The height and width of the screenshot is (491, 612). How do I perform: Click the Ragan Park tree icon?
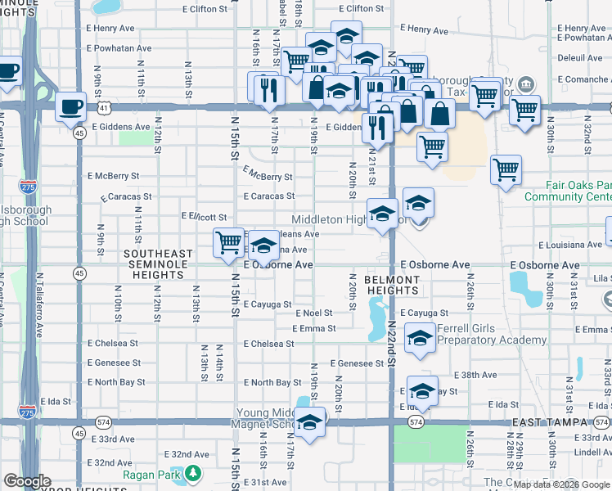(x=193, y=473)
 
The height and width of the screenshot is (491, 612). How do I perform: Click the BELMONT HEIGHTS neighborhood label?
(x=392, y=286)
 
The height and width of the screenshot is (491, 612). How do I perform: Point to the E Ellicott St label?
(x=203, y=217)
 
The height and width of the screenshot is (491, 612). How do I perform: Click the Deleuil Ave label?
(x=579, y=58)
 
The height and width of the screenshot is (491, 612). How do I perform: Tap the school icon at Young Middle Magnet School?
(x=309, y=423)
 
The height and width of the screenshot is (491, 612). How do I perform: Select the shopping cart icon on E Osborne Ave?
(x=229, y=242)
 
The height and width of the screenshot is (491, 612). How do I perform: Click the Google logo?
(x=28, y=481)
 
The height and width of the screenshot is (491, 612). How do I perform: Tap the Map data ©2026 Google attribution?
(x=561, y=484)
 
